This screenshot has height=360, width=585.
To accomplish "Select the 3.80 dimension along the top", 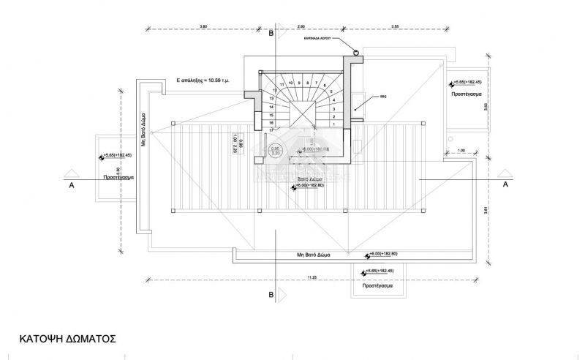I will pyautogui.click(x=203, y=26).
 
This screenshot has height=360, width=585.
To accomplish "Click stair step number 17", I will pyautogui.click(x=271, y=131).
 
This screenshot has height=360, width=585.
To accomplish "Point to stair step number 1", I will pyautogui.click(x=334, y=124).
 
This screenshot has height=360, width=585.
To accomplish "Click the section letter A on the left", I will pyautogui.click(x=72, y=185).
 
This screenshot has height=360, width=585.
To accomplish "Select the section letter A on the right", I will pyautogui.click(x=505, y=185).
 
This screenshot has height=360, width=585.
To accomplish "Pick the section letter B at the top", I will pyautogui.click(x=271, y=34).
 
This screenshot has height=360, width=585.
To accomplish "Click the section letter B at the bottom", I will pyautogui.click(x=271, y=294).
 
